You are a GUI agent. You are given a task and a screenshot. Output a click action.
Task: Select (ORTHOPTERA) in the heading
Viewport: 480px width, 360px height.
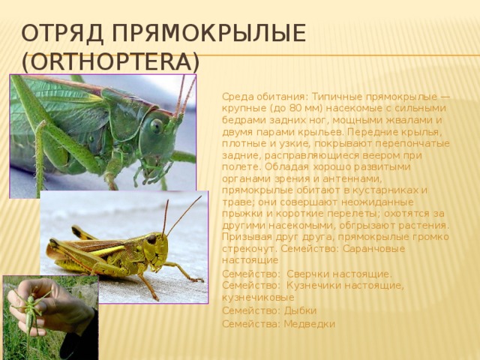(109, 61)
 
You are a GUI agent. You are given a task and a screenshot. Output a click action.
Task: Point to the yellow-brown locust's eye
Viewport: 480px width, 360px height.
(151, 239)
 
